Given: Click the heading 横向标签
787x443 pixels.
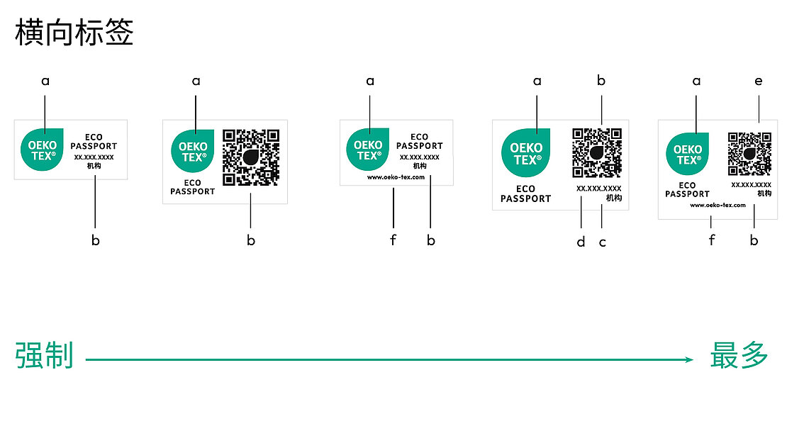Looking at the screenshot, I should [74, 33].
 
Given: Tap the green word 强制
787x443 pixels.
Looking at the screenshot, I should [44, 356].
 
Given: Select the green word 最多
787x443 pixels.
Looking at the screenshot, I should [739, 356].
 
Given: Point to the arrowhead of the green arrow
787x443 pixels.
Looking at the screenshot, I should [689, 360].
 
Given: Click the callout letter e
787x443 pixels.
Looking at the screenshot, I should [759, 82].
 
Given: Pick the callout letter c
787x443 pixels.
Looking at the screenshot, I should [603, 242].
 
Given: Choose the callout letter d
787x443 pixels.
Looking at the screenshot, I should [581, 242].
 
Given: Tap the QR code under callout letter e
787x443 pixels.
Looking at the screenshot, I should [749, 154].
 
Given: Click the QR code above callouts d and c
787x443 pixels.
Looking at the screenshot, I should [597, 152].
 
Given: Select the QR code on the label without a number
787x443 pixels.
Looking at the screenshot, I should [251, 157].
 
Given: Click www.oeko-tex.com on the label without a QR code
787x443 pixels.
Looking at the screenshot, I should [396, 177].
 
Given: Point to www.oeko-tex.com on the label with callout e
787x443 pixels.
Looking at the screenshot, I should [718, 205].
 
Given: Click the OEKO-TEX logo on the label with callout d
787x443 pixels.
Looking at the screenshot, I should [525, 153].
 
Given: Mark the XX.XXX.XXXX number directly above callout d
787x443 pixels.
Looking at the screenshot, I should [598, 189].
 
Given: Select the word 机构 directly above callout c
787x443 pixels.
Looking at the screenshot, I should [614, 198].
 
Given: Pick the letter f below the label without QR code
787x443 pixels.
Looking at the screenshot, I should [393, 240].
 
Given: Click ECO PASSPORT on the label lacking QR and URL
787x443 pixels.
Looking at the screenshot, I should [94, 142].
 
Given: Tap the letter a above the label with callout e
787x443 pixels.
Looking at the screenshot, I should [696, 82].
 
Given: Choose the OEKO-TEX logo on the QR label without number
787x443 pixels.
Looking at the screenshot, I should [192, 151].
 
